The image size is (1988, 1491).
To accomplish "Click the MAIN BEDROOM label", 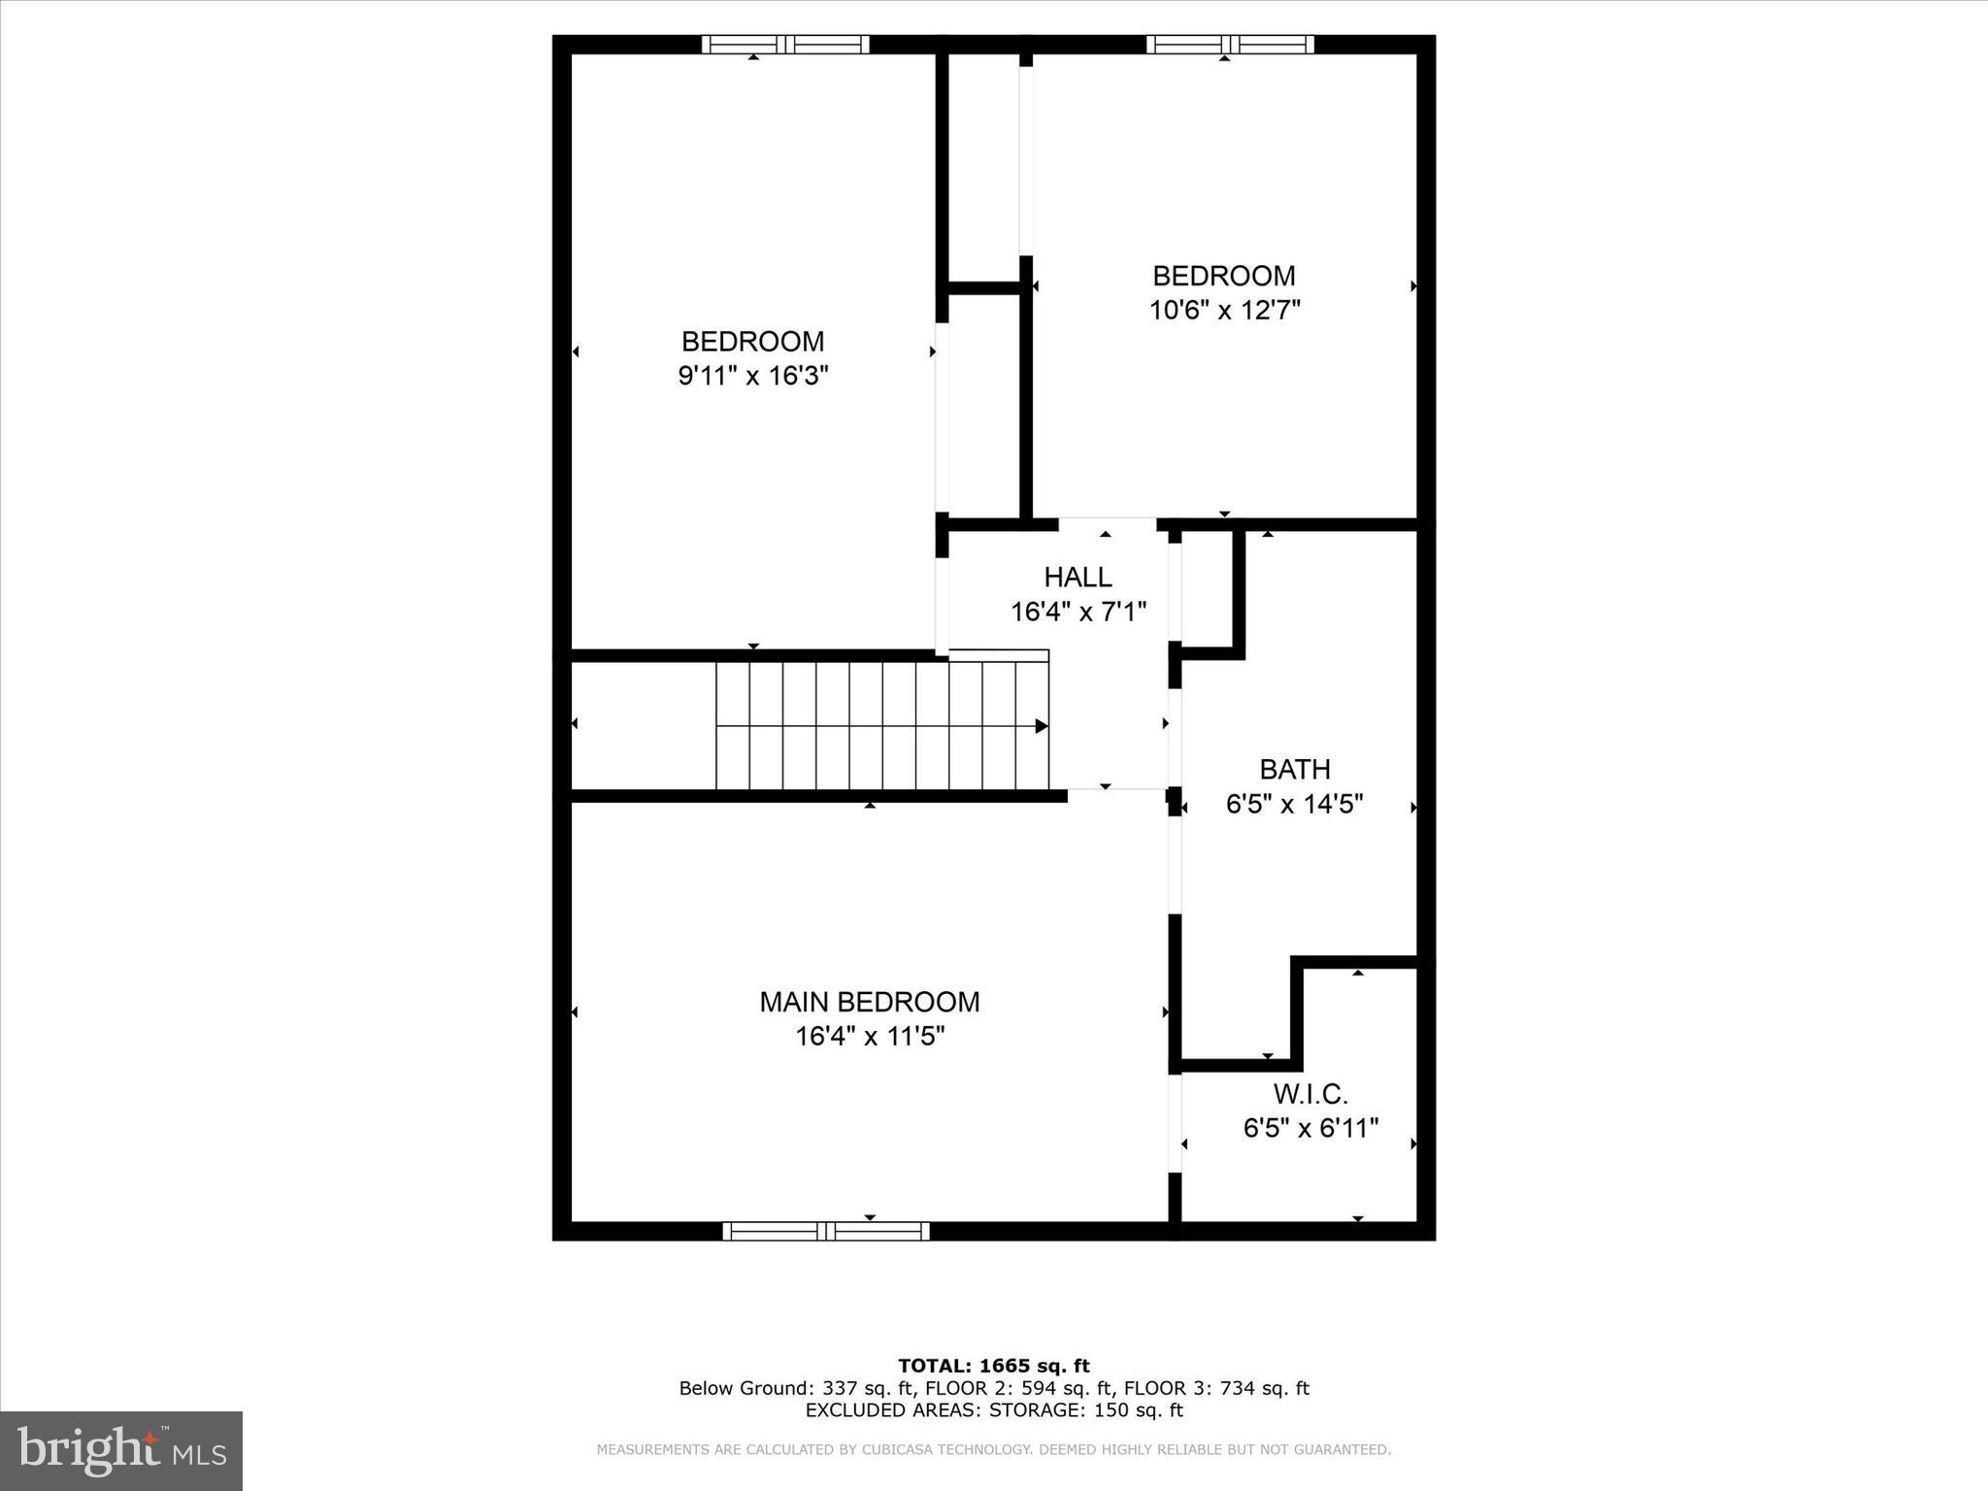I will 869,1002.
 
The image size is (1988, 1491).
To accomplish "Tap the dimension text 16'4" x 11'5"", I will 869,1037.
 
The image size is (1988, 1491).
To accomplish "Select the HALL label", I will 1077,578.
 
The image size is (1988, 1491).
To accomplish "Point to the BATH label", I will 1294,770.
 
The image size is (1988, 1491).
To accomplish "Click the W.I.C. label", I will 1310,1095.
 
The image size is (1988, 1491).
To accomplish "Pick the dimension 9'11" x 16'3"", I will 752,376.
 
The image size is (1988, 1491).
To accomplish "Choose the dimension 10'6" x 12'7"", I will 1224,311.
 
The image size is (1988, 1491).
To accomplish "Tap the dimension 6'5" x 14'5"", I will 1294,805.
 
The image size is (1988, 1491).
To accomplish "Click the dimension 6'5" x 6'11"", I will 1310,1129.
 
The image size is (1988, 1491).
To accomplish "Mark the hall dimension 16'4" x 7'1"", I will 1077,613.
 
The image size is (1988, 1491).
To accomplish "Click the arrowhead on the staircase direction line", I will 1041,726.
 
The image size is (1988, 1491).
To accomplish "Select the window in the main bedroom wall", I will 825,1231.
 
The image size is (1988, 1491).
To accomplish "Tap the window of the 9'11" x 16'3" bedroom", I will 785,44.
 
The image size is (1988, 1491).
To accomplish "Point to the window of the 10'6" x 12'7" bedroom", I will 1229,44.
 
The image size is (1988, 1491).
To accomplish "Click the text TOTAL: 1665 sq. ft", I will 993,1367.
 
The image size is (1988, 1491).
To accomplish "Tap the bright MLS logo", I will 121,1450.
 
